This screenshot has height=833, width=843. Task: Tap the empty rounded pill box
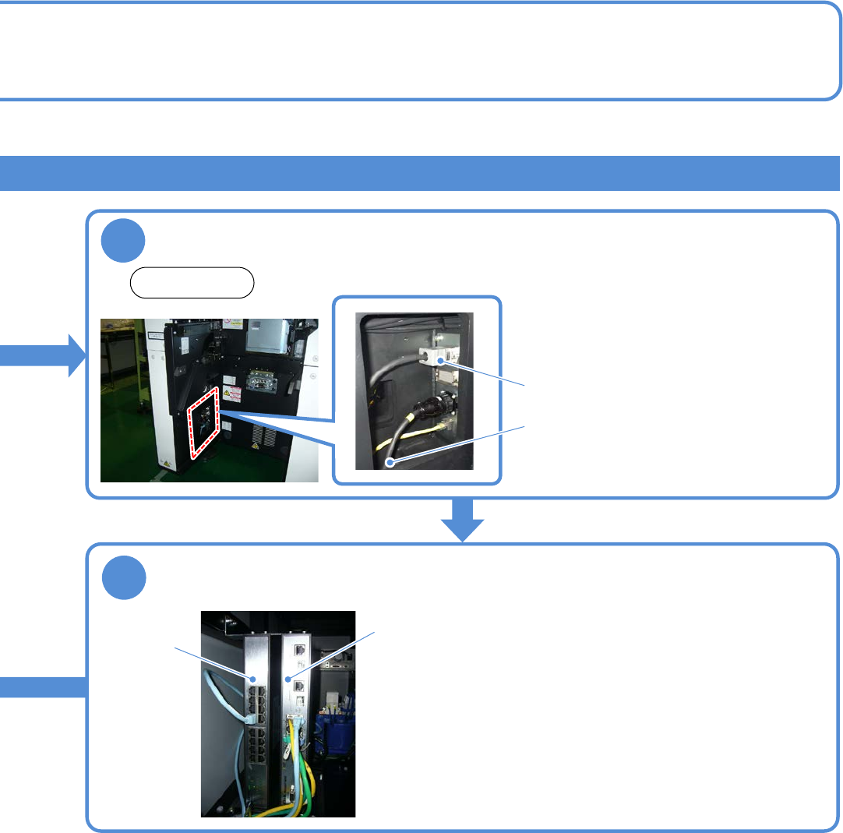192,283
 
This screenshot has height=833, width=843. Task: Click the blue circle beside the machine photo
123,242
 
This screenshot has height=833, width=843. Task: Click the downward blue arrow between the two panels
464,519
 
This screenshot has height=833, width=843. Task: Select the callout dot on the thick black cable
389,463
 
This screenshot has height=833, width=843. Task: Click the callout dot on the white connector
442,359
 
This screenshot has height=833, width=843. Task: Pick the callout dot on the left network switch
253,679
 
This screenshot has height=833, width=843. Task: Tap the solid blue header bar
421,173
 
